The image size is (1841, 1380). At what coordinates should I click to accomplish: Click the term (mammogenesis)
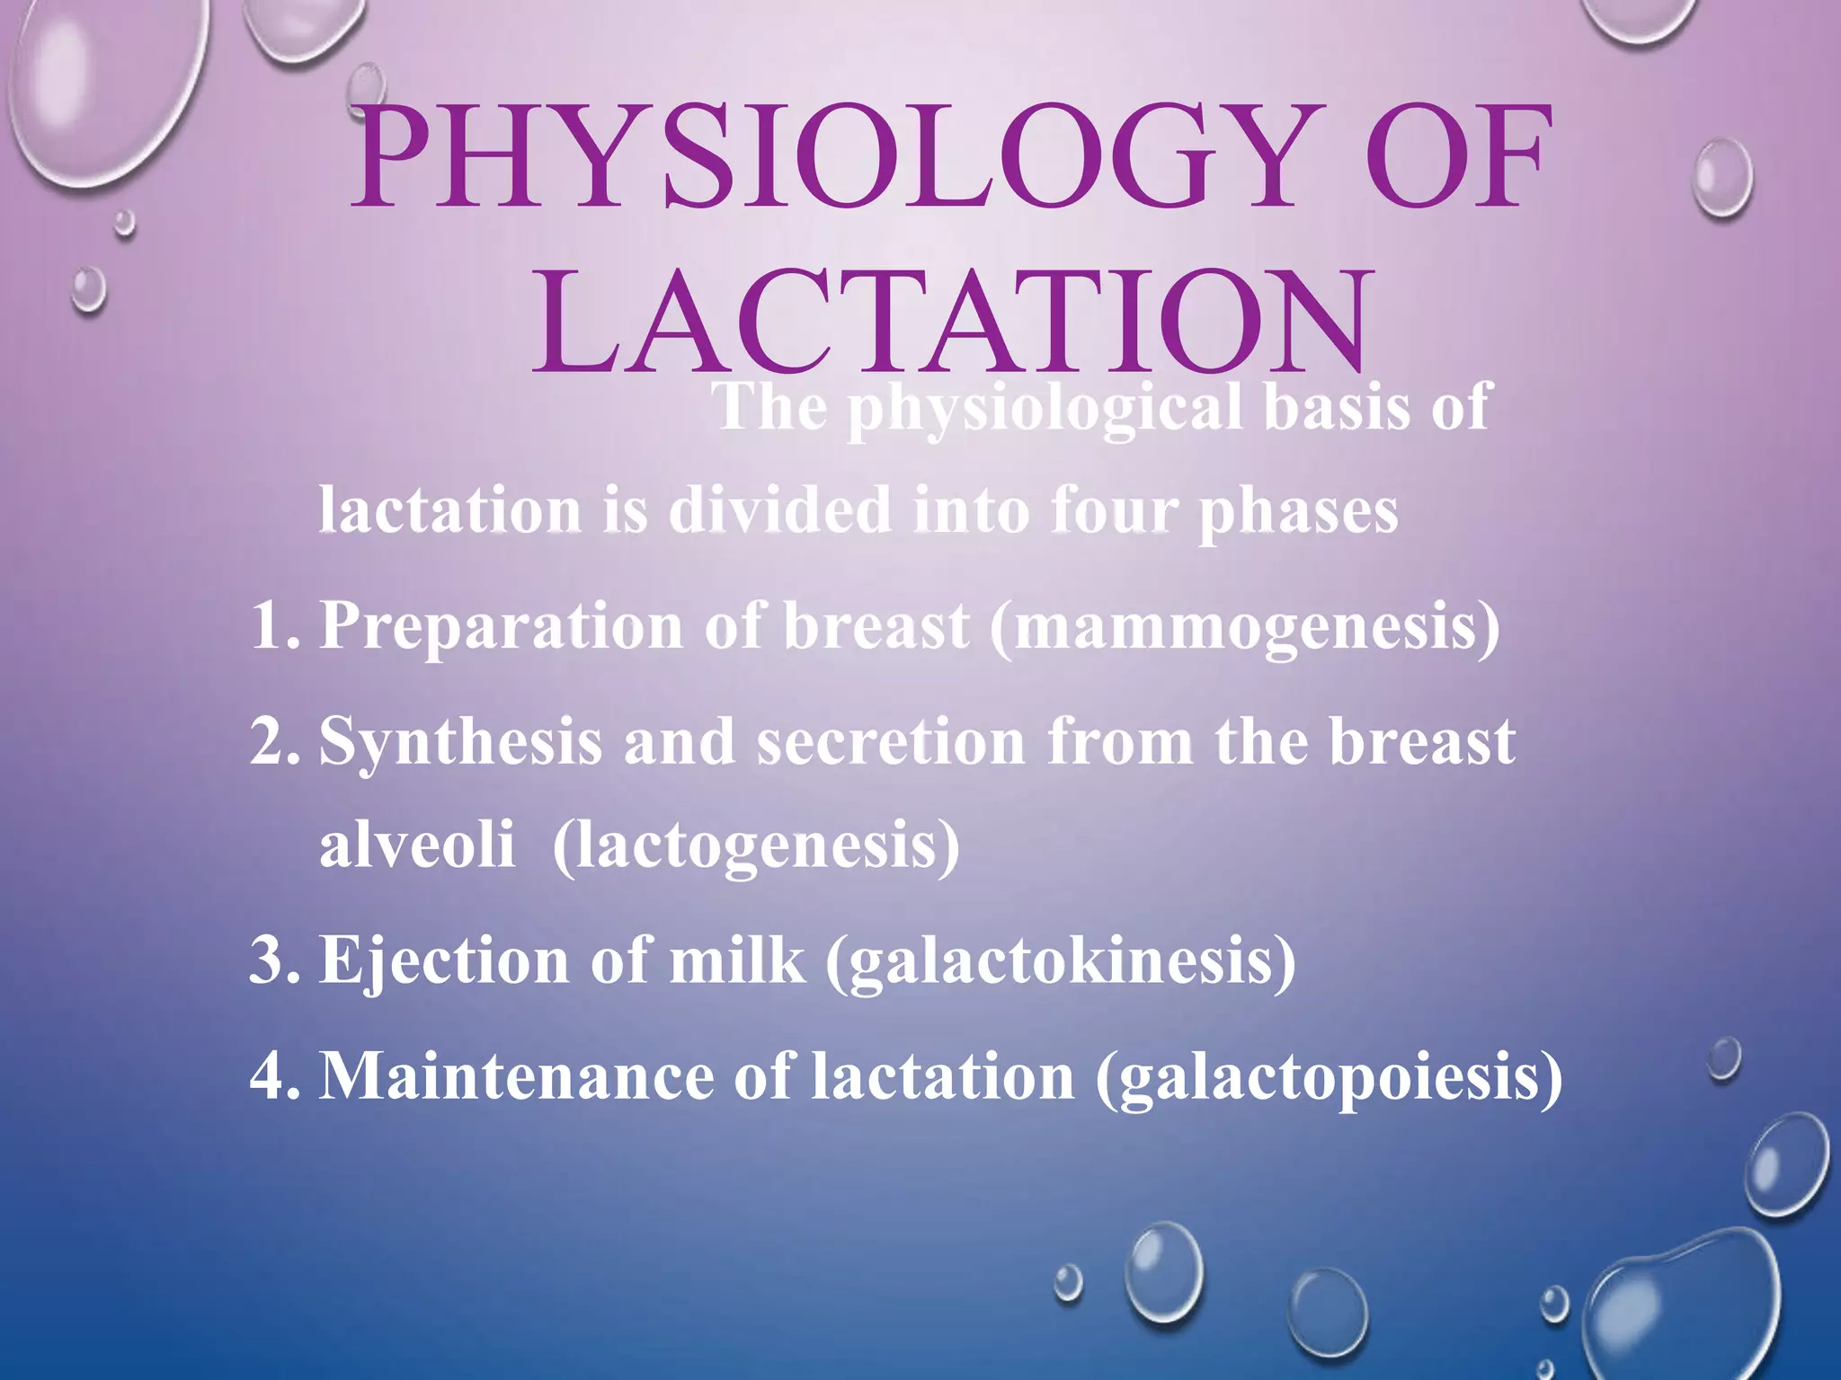tap(1245, 626)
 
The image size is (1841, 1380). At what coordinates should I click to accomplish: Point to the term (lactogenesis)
tap(756, 845)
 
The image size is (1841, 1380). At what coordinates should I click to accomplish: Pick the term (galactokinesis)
tap(1060, 960)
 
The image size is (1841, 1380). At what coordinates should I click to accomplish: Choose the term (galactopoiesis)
tap(1329, 1075)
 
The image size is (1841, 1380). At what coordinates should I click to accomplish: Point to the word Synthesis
tap(461, 742)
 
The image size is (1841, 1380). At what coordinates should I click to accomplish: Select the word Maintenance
tap(517, 1075)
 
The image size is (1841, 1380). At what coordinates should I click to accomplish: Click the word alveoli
tap(417, 845)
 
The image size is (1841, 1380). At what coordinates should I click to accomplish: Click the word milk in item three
tap(737, 960)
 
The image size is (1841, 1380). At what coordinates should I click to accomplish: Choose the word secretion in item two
tap(891, 742)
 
